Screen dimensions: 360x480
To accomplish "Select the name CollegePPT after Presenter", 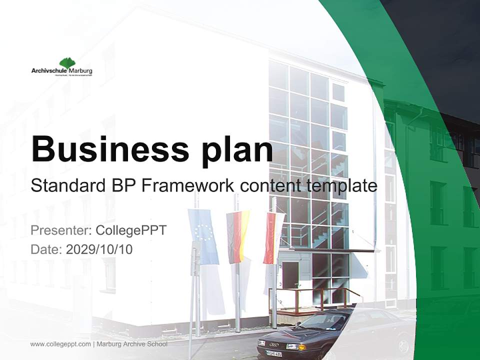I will point(130,230).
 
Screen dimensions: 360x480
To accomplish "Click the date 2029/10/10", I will point(99,249).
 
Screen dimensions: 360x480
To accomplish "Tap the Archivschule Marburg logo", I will point(61,67).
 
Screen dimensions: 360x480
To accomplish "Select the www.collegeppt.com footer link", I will point(60,344).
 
